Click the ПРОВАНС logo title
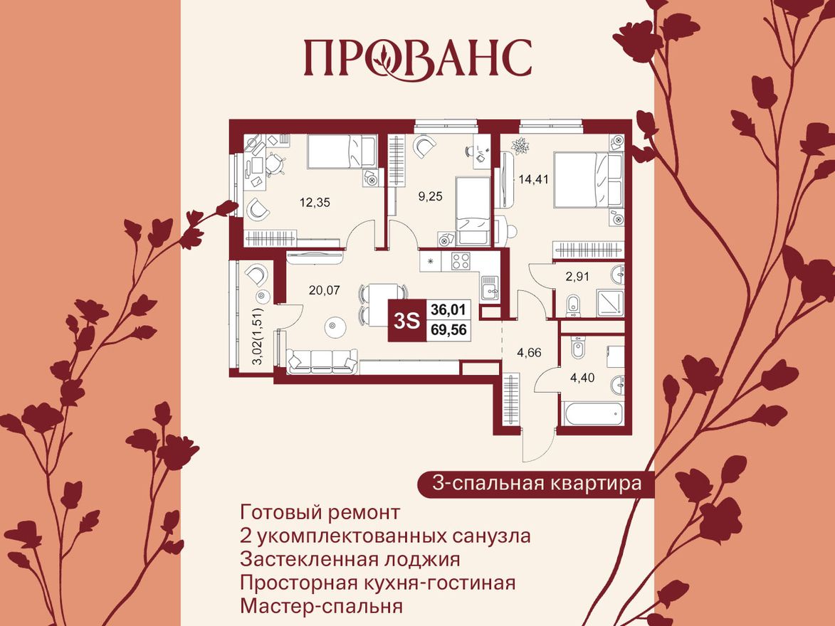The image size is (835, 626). (418, 58)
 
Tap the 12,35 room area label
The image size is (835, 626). (315, 202)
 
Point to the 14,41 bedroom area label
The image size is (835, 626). (534, 179)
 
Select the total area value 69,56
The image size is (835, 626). (449, 329)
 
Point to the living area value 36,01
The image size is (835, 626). (449, 309)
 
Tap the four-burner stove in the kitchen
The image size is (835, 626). (461, 261)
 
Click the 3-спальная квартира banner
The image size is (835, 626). (537, 484)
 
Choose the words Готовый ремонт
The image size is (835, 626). (320, 512)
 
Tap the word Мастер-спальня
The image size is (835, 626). (322, 607)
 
